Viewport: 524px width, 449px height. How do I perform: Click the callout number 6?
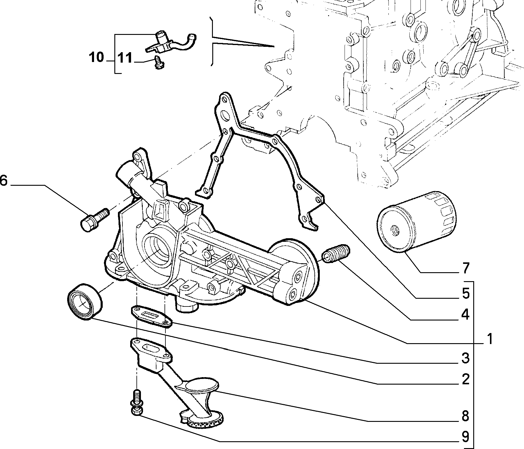3,181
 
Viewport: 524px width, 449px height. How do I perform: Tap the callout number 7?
465,268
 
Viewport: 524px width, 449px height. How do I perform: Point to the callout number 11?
125,58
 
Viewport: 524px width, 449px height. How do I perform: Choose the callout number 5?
465,293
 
